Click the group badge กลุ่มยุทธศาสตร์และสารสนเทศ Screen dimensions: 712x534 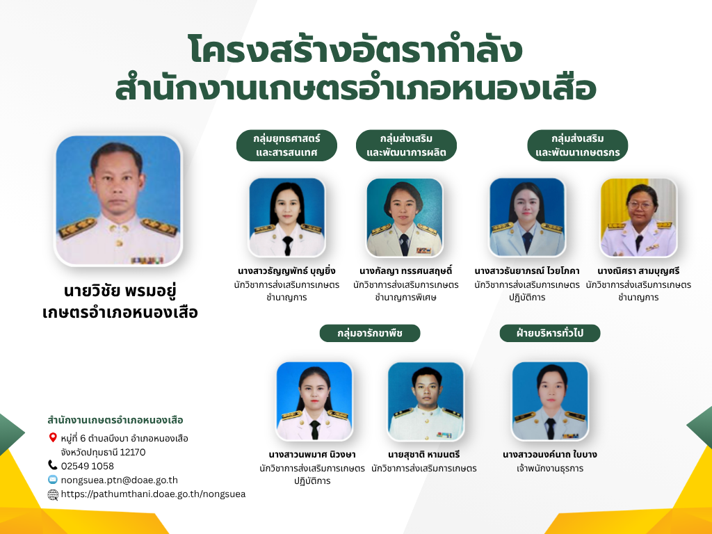(286, 145)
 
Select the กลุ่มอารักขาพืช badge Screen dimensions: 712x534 (370, 333)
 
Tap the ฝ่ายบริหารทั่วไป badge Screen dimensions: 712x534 (550, 333)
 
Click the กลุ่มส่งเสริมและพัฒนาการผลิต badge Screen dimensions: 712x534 (406, 145)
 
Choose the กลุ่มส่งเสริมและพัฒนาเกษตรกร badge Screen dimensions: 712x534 (578, 145)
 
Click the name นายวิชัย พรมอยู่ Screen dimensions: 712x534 (120, 291)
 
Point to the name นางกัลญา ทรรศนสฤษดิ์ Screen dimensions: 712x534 (406, 271)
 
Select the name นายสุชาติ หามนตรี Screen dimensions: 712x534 (424, 455)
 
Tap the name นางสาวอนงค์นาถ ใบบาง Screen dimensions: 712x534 (550, 455)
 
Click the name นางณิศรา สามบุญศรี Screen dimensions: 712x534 (638, 271)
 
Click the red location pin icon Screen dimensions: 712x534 (53, 438)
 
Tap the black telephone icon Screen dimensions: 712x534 (53, 465)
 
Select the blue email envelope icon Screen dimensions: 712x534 (53, 480)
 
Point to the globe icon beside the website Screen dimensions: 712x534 (53, 494)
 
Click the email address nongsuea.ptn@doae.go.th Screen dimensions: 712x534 (120, 480)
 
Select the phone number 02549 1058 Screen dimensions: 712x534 (87, 466)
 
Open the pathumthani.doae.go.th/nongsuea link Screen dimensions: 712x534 (153, 494)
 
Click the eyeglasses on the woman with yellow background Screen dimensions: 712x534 (640, 205)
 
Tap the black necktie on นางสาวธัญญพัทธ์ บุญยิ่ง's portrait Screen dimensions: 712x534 (287, 245)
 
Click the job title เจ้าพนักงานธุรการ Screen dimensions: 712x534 (550, 468)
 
